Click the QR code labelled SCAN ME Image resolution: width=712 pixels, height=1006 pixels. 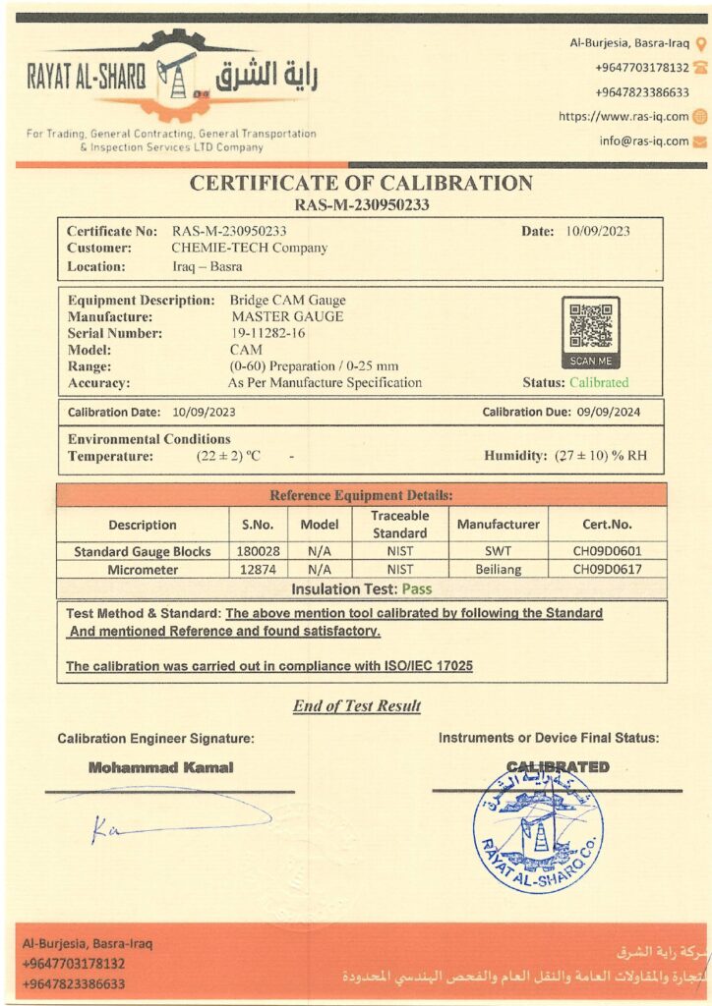point(591,327)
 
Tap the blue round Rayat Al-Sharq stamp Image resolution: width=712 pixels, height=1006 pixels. point(538,829)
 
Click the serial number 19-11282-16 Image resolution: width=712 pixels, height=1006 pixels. point(267,333)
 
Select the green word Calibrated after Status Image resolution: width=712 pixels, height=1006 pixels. point(599,382)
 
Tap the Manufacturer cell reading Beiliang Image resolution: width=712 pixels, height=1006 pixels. point(498,569)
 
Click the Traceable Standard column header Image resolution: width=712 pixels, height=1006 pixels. point(400,524)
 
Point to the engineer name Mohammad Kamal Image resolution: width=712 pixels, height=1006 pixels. point(161,767)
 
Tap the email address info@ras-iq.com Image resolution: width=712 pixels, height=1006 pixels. point(644,140)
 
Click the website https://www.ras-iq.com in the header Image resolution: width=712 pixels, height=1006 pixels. point(623,116)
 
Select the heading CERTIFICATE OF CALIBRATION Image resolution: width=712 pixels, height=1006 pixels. point(361,183)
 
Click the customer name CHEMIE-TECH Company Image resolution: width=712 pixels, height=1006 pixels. point(249,248)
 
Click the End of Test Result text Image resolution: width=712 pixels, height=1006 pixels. point(357,705)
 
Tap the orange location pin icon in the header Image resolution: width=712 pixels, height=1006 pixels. point(700,43)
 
